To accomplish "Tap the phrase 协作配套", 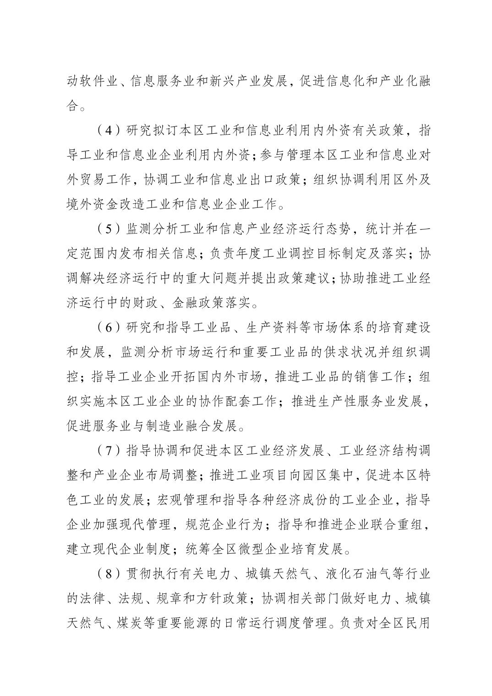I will coord(222,401).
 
